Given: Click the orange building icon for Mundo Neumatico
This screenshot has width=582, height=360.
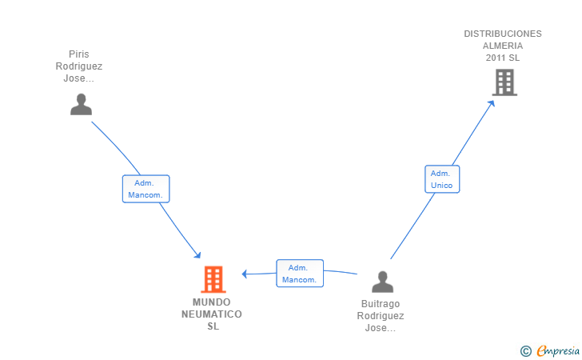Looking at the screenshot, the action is (x=213, y=279).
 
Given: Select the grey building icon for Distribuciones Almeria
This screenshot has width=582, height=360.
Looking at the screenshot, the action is (x=504, y=83).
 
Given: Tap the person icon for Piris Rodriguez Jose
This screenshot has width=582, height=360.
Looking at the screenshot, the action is (x=81, y=104).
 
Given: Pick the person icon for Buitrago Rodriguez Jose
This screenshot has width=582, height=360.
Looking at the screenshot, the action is (x=383, y=282).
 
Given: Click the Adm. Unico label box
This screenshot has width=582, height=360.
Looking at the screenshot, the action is (x=442, y=179).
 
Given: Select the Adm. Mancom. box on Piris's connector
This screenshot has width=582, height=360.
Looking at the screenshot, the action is (x=145, y=189).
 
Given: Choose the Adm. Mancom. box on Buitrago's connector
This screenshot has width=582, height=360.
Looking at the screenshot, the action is (x=300, y=274).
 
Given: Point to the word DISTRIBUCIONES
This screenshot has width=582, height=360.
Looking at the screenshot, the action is (x=503, y=34).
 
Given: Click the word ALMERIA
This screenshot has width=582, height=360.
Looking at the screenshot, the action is (x=503, y=46).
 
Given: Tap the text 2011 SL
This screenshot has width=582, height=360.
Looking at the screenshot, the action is (x=503, y=58).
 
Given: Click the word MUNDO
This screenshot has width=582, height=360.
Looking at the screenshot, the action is (x=212, y=302).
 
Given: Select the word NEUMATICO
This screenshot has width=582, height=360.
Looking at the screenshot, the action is (x=212, y=314).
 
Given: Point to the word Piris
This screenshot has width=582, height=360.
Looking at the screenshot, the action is (x=78, y=54).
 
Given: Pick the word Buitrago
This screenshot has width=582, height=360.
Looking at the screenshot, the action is (x=381, y=304).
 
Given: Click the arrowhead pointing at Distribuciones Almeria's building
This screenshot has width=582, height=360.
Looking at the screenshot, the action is (x=492, y=104).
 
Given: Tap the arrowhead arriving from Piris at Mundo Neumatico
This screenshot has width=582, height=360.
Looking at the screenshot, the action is (x=197, y=255).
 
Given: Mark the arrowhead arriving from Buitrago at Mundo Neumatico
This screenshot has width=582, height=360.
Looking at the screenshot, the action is (x=245, y=274).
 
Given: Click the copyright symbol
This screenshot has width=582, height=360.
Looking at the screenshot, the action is (x=525, y=351).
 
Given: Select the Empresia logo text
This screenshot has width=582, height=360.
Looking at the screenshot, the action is (x=558, y=350).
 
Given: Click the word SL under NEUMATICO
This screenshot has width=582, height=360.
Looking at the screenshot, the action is (x=213, y=326).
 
